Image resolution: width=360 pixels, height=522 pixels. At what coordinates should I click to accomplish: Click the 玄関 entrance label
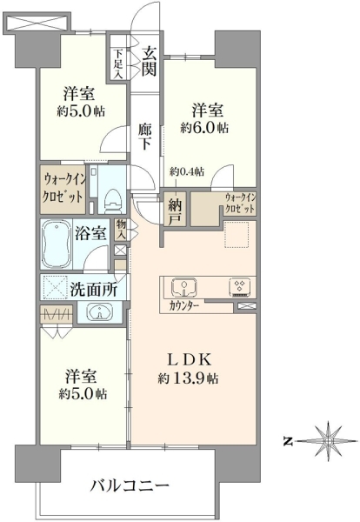point(149,61)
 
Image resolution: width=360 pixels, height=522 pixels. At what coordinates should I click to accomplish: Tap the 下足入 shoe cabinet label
point(119,64)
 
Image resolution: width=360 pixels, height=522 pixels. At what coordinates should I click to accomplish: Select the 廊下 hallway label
point(145,137)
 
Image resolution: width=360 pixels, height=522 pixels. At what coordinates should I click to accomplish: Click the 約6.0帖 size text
point(204,128)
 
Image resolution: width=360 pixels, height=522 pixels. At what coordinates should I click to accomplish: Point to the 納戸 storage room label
point(175,210)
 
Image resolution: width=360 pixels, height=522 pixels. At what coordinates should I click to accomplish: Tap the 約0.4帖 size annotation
point(187,171)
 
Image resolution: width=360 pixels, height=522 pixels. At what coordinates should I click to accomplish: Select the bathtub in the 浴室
point(57,244)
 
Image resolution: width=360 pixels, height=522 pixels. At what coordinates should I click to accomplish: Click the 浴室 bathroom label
point(90,233)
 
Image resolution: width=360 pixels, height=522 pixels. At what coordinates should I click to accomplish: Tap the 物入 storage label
point(121,230)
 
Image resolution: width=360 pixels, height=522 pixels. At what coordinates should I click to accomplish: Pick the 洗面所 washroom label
point(94,290)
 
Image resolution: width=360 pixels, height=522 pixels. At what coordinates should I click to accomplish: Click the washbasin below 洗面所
point(99,311)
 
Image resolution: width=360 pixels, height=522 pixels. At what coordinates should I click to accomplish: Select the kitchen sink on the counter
point(183,287)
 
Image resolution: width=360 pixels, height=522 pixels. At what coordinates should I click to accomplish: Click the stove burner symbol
point(240,288)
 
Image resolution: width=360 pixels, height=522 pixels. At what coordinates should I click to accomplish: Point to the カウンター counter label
point(184,305)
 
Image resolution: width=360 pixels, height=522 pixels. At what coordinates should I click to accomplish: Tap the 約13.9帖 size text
point(188,378)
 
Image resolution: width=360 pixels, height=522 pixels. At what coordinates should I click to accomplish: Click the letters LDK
point(189,359)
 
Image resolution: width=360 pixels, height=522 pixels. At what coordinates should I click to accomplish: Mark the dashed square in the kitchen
point(237,234)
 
